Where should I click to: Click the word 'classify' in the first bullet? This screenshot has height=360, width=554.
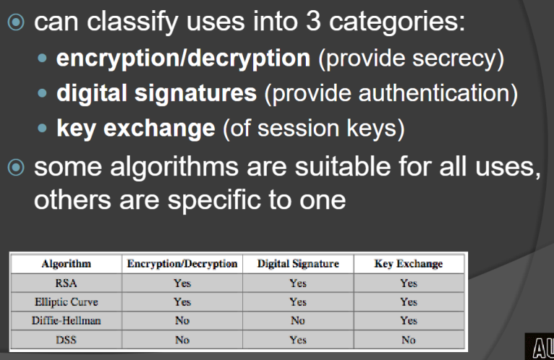pyautogui.click(x=132, y=22)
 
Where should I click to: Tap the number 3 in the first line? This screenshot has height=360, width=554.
pyautogui.click(x=313, y=21)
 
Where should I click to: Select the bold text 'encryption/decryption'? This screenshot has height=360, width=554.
pyautogui.click(x=183, y=58)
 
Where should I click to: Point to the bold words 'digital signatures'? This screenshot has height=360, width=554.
pyautogui.click(x=157, y=93)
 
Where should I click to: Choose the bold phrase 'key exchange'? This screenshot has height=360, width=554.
pyautogui.click(x=136, y=128)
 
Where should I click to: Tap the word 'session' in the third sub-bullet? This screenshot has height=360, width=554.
pyautogui.click(x=298, y=128)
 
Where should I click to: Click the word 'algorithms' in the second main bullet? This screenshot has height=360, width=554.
pyautogui.click(x=174, y=167)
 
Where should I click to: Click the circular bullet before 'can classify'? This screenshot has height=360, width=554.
pyautogui.click(x=16, y=22)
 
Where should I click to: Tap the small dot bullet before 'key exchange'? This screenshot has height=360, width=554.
pyautogui.click(x=42, y=128)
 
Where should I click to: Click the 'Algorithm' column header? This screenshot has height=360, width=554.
pyautogui.click(x=66, y=264)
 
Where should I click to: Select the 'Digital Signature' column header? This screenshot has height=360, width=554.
pyautogui.click(x=298, y=264)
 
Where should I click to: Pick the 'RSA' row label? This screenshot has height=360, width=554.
pyautogui.click(x=66, y=283)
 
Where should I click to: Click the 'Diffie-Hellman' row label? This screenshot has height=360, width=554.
pyautogui.click(x=66, y=320)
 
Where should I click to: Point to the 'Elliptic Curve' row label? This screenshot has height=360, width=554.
pyautogui.click(x=66, y=302)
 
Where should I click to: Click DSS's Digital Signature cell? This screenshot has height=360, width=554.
pyautogui.click(x=298, y=340)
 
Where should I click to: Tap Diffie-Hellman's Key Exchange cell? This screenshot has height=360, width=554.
pyautogui.click(x=409, y=320)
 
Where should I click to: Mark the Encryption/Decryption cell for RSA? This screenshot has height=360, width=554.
pyautogui.click(x=183, y=283)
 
